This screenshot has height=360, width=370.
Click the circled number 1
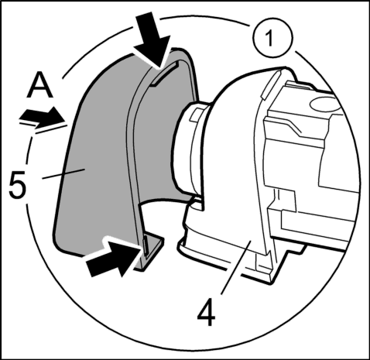pos(273,39)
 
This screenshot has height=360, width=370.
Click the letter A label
pos(40,84)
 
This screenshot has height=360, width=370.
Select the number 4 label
pos(206,312)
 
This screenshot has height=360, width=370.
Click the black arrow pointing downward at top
pos(152,39)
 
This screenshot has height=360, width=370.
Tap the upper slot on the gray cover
pos(164,74)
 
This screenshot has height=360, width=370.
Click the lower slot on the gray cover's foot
pos(146,245)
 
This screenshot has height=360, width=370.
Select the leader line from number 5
pos(64,173)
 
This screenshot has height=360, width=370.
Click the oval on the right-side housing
pos(323,104)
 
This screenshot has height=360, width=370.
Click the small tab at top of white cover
pos(269,85)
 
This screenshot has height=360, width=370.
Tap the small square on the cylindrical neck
pos(195,115)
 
